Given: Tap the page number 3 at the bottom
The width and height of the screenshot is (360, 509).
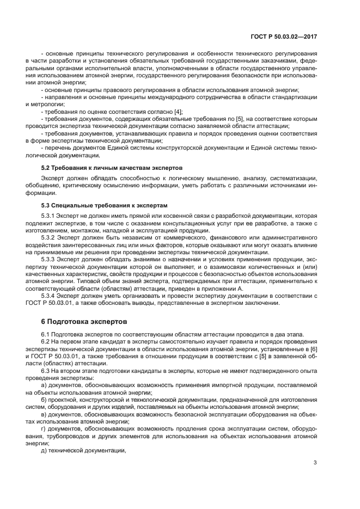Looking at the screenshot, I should (315, 463).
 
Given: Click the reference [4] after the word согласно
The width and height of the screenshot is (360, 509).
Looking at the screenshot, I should (178, 111).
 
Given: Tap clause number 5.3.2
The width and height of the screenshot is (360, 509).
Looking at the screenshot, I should (50, 238).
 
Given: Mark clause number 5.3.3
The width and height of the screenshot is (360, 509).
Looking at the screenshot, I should (50, 260).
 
